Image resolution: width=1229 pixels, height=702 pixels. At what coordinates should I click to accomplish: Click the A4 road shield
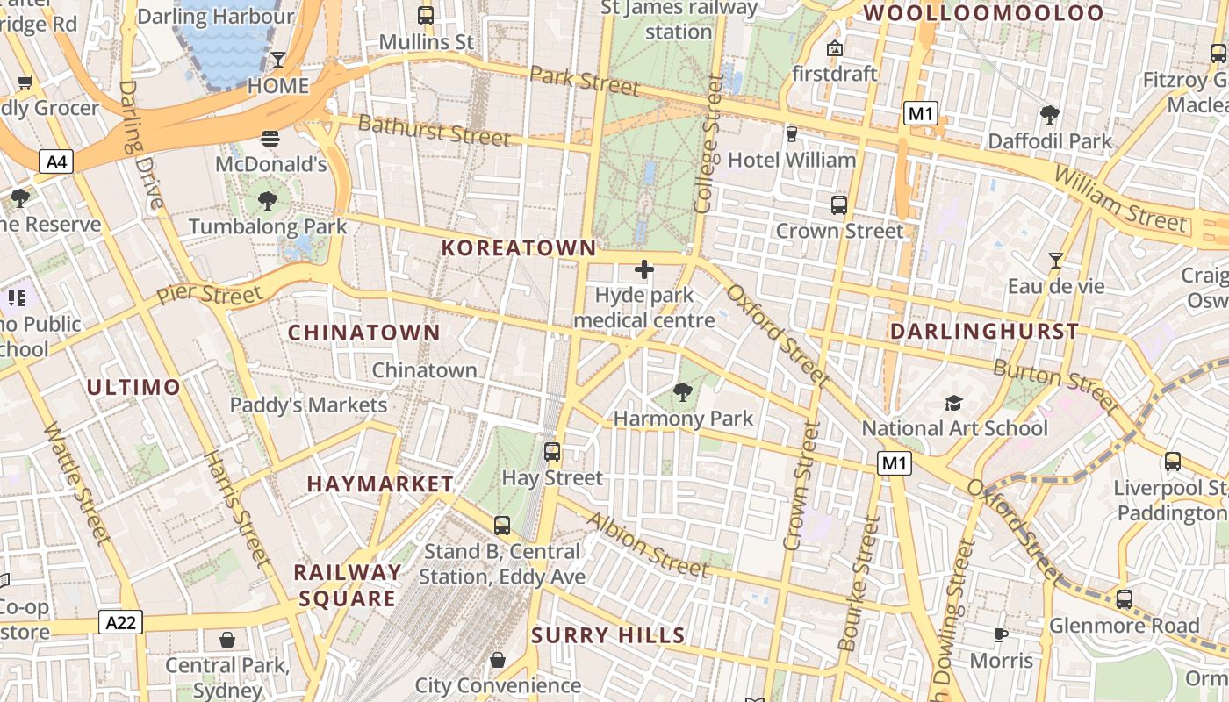coord(55,161)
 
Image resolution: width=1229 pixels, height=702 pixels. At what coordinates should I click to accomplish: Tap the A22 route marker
coord(119,622)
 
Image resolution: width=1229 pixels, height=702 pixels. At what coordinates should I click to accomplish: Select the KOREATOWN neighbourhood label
coord(519,248)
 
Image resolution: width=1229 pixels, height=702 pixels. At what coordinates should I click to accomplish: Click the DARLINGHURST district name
coord(984,332)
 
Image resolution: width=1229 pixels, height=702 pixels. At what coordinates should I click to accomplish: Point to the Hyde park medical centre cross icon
coord(644,269)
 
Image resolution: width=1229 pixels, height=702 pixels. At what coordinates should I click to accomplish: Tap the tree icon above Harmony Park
coord(682,392)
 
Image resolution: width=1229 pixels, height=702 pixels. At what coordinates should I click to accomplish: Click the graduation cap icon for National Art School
coord(953,403)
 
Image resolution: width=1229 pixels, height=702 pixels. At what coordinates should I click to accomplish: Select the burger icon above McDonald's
coord(270,139)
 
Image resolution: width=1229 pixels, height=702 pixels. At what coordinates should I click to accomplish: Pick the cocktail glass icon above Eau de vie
coord(1055,261)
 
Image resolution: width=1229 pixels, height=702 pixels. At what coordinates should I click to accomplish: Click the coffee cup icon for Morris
coord(1000,634)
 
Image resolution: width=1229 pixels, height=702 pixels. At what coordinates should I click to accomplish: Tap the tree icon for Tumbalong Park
coord(268,201)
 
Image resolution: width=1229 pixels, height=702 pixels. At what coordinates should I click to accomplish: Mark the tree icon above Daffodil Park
coord(1049,115)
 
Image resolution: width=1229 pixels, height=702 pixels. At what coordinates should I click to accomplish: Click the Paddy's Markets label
coord(308,405)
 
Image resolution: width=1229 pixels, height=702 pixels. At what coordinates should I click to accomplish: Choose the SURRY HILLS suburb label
coord(608,635)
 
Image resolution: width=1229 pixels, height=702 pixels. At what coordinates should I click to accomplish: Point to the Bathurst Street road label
coord(434,131)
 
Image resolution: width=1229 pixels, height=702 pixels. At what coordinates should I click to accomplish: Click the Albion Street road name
coord(647,545)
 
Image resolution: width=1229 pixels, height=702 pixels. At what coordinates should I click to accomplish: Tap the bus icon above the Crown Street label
coord(839,205)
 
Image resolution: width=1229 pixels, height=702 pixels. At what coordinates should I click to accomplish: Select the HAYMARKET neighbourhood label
coord(380,484)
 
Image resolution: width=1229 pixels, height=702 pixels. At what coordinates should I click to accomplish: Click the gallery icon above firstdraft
coord(834,48)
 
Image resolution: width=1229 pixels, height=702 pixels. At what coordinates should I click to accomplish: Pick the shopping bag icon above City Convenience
coord(498,659)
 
